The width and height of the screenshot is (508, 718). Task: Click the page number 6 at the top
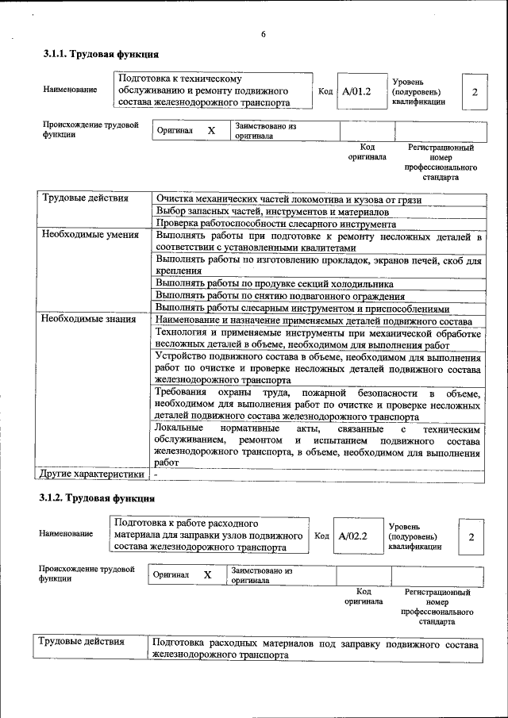tap(263, 33)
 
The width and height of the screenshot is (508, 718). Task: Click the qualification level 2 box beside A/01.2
tap(474, 92)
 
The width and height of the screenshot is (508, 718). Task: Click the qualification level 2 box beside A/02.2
tap(471, 537)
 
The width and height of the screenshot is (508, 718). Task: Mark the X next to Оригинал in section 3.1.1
tap(211, 131)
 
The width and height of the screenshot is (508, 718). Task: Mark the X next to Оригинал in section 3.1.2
tap(207, 575)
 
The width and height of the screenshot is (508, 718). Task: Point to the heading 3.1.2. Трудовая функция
tap(97, 498)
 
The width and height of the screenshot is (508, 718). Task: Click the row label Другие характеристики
tap(91, 474)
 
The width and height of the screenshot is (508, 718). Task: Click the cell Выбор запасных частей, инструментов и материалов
tap(272, 212)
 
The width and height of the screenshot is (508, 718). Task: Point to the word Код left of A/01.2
tap(325, 91)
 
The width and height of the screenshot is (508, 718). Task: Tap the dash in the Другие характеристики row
tap(156, 474)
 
